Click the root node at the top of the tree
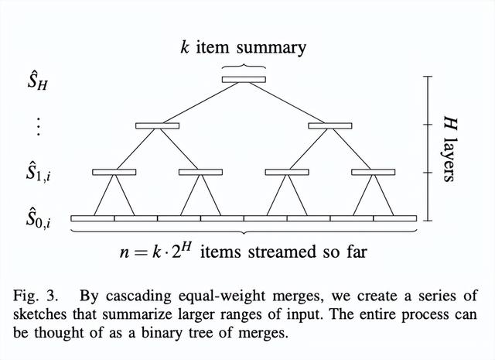click(244, 79)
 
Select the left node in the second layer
click(157, 125)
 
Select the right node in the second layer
click(330, 125)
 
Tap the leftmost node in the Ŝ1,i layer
click(114, 172)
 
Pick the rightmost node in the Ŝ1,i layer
click(374, 172)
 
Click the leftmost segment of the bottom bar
click(92, 218)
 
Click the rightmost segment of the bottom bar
click(395, 218)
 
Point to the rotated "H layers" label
click(446, 149)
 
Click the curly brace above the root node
click(244, 66)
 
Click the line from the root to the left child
click(200, 102)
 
